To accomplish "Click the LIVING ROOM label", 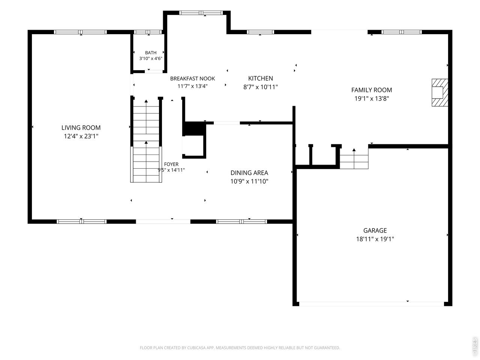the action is click(x=81, y=127).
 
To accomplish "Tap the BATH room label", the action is click(x=151, y=52).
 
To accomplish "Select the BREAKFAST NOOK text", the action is click(x=192, y=78).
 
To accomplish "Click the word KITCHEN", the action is click(x=261, y=78).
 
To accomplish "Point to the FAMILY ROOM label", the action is click(x=372, y=90).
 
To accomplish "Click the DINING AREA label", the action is click(x=249, y=172).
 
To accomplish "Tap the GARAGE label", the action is click(x=375, y=230).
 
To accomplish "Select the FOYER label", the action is click(x=171, y=164).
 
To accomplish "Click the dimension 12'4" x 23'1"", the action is click(x=81, y=136).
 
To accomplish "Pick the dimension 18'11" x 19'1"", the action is click(x=375, y=239).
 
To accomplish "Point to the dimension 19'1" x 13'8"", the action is click(x=372, y=98).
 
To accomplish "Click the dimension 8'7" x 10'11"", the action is click(x=261, y=87).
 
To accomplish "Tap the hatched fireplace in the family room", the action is click(x=440, y=93).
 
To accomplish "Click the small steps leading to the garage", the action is click(x=354, y=162).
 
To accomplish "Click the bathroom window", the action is click(x=148, y=32).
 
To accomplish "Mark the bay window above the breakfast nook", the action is click(x=201, y=13).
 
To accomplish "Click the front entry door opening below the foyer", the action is click(x=163, y=222).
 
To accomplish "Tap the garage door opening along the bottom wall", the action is click(x=372, y=304).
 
